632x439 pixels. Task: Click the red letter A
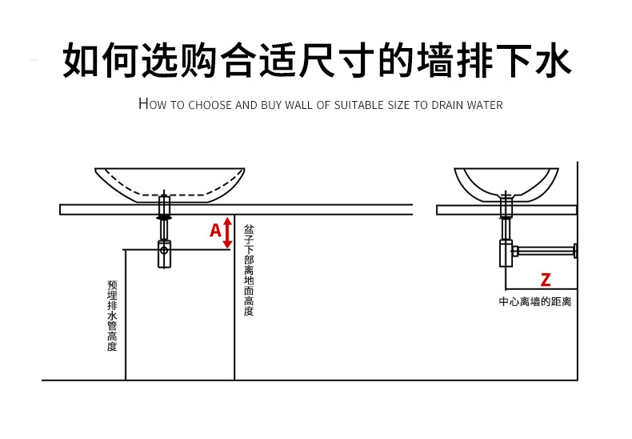pyautogui.click(x=215, y=232)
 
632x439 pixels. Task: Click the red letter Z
pyautogui.click(x=546, y=280)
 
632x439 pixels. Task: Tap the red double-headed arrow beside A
pyautogui.click(x=227, y=232)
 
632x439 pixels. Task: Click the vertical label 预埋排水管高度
pyautogui.click(x=112, y=316)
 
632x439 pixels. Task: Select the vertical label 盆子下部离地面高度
pyautogui.click(x=249, y=270)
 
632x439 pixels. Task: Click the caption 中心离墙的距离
pyautogui.click(x=535, y=302)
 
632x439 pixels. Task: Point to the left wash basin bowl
pyautogui.click(x=170, y=183)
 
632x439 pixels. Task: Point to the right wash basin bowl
pyautogui.click(x=506, y=183)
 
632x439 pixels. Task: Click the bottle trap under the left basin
pyautogui.click(x=164, y=252)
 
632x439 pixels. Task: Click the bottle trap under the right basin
pyautogui.click(x=506, y=252)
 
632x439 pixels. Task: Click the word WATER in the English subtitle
pyautogui.click(x=482, y=105)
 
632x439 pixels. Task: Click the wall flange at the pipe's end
pyautogui.click(x=575, y=252)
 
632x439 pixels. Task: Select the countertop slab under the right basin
pyautogui.click(x=506, y=210)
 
